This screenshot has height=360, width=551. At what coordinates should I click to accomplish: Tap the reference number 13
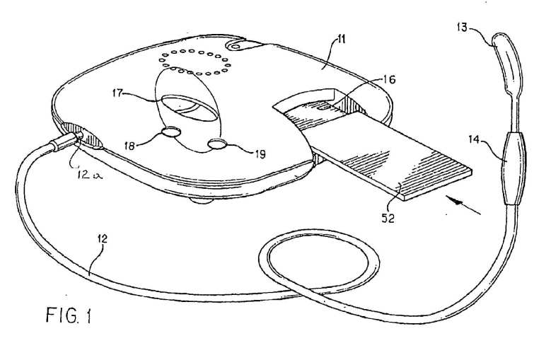click(463, 28)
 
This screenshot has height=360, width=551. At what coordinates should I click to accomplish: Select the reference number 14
click(475, 140)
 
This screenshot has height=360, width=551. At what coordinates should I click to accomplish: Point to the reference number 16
click(388, 80)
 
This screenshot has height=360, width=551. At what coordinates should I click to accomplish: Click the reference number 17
click(118, 93)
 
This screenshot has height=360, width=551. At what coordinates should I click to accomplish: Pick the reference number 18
click(129, 146)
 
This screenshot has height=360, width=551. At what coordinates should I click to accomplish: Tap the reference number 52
click(388, 219)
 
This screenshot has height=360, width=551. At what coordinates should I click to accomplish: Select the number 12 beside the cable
click(103, 239)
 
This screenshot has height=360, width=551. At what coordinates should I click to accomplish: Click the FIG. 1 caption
click(69, 315)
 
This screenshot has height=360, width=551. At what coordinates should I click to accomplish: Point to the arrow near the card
click(463, 206)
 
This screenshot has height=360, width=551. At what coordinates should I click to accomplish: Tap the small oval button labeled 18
click(170, 132)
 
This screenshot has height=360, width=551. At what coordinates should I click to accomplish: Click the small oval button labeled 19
click(217, 144)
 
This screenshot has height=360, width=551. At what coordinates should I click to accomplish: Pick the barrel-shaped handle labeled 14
click(514, 168)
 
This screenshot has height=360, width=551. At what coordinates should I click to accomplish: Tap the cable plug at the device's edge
click(65, 141)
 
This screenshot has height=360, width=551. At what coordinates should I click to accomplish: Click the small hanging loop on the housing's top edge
click(238, 44)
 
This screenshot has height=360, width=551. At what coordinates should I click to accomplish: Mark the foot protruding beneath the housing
click(202, 200)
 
